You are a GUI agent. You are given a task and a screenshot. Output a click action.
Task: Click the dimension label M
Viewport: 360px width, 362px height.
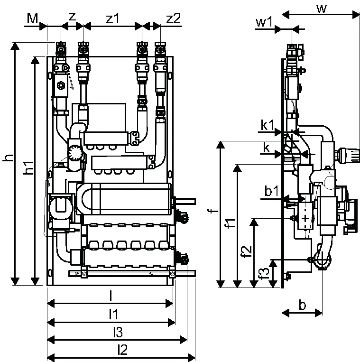coord(32,18)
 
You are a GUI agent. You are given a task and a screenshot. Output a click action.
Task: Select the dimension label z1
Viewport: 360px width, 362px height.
coord(112,19)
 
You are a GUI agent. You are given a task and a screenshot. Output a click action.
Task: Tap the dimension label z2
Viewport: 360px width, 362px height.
coord(173,19)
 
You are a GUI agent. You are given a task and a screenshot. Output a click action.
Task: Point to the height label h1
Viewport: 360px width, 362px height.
coord(29,167)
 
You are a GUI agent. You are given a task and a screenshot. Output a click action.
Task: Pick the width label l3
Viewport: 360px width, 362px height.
coord(118,332)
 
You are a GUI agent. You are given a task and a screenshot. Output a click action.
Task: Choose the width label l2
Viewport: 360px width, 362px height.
coord(122,350)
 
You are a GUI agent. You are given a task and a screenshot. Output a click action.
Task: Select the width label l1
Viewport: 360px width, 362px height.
coord(113,315)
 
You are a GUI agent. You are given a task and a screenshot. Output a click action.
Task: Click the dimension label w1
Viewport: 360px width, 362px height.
coord(264,22)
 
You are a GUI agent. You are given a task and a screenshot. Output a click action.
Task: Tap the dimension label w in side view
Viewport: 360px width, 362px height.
coord(322,9)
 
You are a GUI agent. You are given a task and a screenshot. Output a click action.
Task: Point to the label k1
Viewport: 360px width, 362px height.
coord(267,125)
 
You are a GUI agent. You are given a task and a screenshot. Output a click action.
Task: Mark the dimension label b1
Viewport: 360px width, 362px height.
coord(272,191)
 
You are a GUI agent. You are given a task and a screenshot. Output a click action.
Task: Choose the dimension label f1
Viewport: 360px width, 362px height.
coord(231,223)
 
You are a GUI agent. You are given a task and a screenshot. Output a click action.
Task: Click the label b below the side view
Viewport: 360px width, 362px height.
coord(302,305)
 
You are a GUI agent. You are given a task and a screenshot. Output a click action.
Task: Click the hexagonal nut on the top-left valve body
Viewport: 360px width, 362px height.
coord(61,86)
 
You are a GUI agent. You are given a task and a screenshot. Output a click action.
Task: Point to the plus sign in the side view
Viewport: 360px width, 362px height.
coord(305,218)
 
